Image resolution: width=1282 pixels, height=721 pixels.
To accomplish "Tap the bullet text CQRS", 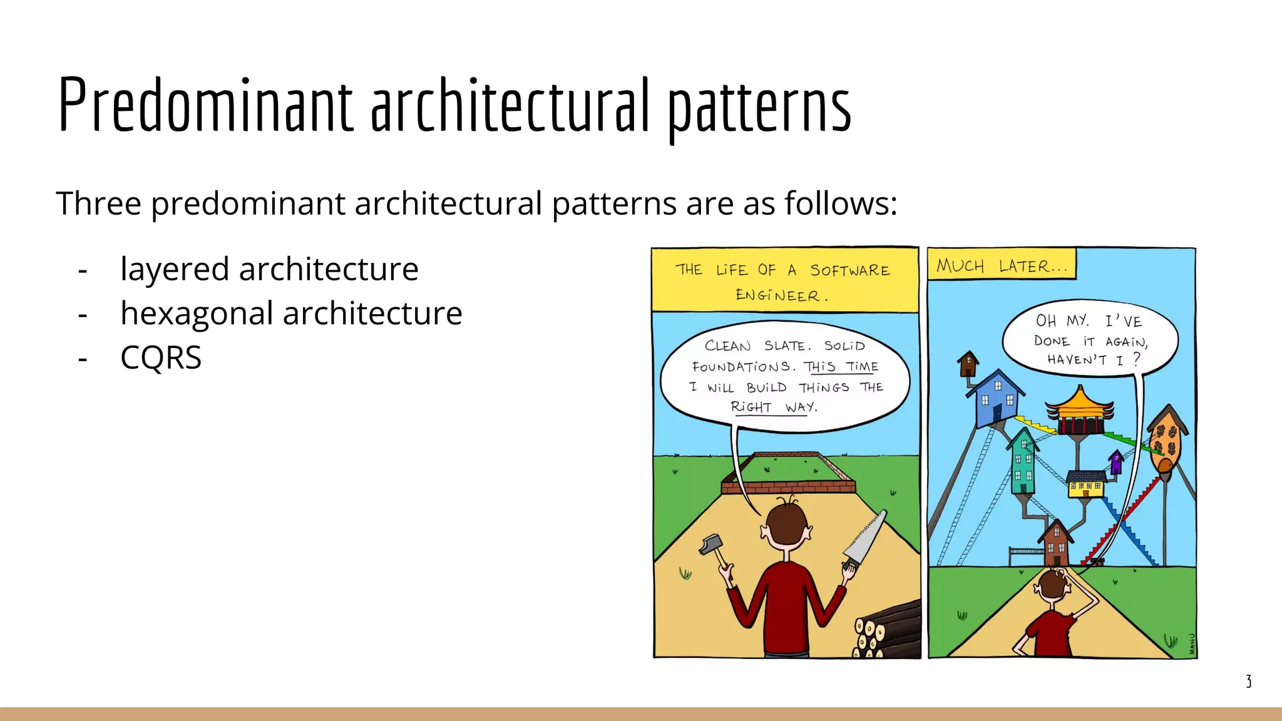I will coord(161,358).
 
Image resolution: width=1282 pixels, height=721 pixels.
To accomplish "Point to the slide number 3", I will coord(1248,682).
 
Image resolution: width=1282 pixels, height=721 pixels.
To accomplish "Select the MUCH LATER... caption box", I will coord(1001,265).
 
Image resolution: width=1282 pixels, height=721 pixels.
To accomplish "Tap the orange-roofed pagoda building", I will coord(1080,411).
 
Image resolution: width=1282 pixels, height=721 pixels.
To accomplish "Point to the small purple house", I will coord(1116,462).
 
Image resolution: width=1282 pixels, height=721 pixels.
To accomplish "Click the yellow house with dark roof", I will coord(1086,484).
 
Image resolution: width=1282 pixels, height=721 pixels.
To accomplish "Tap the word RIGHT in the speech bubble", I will coord(751,407).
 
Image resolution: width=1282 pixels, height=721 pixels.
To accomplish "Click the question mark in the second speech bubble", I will coord(1137,359).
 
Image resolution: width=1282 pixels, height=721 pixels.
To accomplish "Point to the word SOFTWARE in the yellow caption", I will coord(849,270).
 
